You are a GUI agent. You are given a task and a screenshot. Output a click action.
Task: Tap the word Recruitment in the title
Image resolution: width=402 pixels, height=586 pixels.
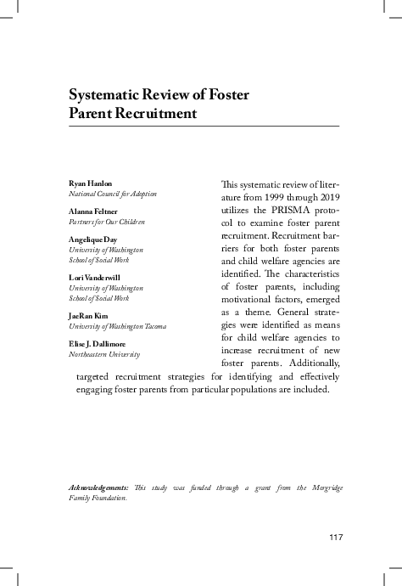pyautogui.click(x=155, y=113)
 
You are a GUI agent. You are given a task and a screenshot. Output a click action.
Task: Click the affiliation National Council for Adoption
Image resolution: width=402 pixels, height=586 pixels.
pyautogui.click(x=112, y=194)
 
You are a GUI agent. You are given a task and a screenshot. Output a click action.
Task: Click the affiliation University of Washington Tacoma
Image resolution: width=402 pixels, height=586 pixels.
pyautogui.click(x=117, y=326)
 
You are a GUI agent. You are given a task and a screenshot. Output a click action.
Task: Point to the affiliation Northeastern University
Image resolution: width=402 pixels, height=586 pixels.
pyautogui.click(x=103, y=354)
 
